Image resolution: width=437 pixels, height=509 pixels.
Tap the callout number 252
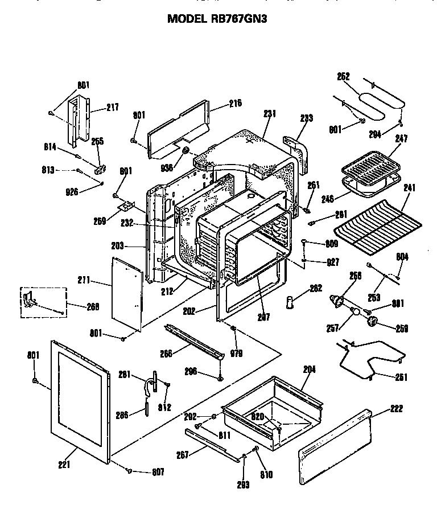(x=344, y=76)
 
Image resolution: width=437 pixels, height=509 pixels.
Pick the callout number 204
(x=309, y=370)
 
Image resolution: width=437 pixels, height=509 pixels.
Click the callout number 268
(x=93, y=306)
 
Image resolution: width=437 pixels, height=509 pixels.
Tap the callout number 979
(x=237, y=353)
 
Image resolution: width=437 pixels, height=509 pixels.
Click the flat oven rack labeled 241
(x=378, y=225)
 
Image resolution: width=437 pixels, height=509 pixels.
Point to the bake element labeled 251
(x=370, y=359)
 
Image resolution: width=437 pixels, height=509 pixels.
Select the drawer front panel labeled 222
(x=336, y=450)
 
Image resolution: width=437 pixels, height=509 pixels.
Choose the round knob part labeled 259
(x=373, y=322)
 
